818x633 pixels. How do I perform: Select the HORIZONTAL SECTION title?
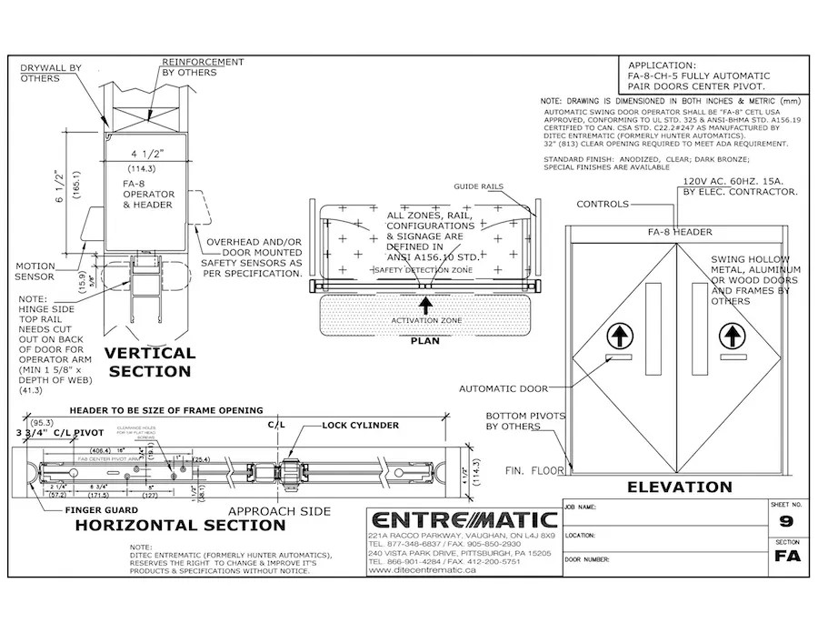pyautogui.click(x=179, y=525)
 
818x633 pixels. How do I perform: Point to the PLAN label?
pyautogui.click(x=425, y=341)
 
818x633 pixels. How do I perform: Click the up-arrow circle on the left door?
pyautogui.click(x=618, y=337)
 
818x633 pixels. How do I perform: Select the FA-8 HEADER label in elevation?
pyautogui.click(x=680, y=232)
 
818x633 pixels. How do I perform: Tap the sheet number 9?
pyautogui.click(x=786, y=522)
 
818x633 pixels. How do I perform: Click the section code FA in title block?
pyautogui.click(x=786, y=557)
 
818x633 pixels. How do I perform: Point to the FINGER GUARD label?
pyautogui.click(x=100, y=510)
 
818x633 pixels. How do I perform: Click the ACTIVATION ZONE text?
pyautogui.click(x=425, y=321)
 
